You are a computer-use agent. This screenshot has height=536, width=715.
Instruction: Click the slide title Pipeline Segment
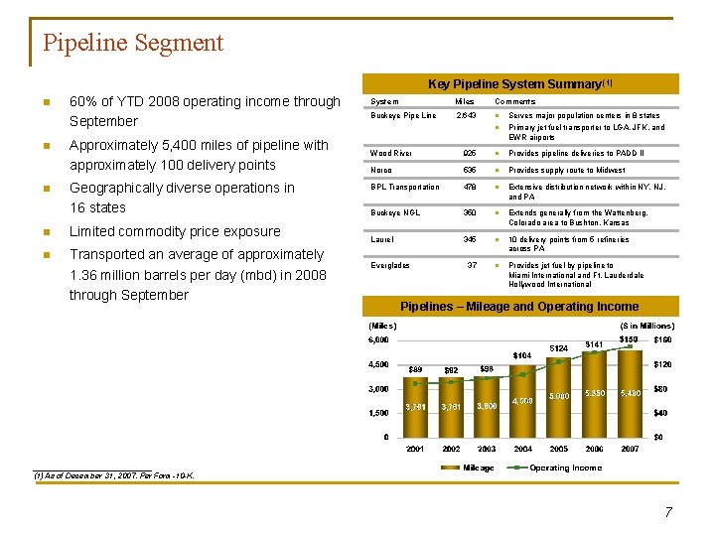(133, 43)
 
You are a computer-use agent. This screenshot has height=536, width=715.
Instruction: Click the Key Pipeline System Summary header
(520, 84)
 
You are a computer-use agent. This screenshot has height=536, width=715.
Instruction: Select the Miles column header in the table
(464, 101)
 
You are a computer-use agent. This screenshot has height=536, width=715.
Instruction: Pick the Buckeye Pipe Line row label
(402, 116)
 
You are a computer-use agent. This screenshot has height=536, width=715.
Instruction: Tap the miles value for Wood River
(471, 154)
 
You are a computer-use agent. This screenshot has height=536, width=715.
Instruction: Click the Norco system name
(380, 170)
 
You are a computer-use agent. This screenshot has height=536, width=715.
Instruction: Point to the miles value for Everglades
(473, 266)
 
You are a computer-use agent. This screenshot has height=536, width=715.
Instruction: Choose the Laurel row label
(381, 239)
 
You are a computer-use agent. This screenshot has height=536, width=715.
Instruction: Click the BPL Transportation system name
(404, 187)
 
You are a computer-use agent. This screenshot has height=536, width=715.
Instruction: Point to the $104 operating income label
(522, 355)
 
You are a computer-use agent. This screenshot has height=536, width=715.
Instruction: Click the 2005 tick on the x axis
(558, 449)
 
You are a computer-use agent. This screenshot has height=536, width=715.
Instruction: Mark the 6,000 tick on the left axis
(378, 340)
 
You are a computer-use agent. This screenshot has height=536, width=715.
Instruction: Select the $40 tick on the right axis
(660, 413)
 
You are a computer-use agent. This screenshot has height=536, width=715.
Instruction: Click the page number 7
(668, 512)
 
